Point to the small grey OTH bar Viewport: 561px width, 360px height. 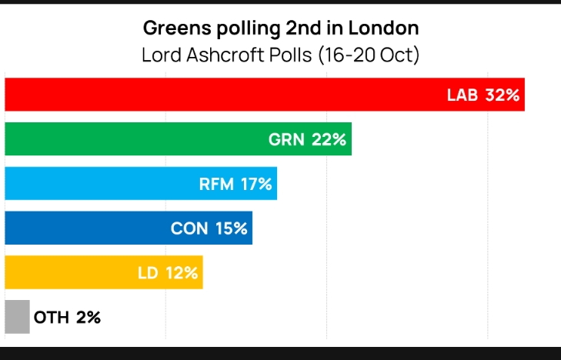pyautogui.click(x=17, y=317)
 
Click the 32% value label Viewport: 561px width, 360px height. pyautogui.click(x=503, y=95)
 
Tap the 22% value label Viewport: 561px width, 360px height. pyautogui.click(x=329, y=140)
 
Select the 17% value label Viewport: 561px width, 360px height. pyautogui.click(x=255, y=184)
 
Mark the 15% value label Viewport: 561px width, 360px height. pyautogui.click(x=230, y=228)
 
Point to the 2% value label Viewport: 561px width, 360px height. pyautogui.click(x=88, y=317)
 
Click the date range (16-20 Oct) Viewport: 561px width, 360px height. pyautogui.click(x=365, y=55)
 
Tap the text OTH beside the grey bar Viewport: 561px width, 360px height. pyautogui.click(x=51, y=317)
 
